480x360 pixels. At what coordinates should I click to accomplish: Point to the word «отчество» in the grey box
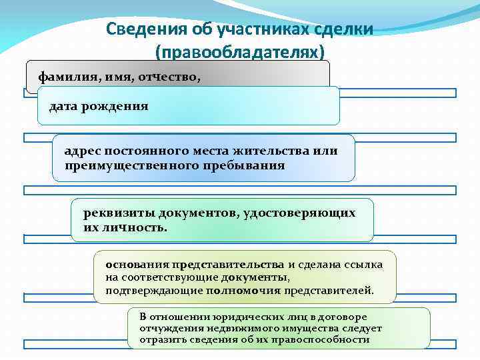tap(170, 76)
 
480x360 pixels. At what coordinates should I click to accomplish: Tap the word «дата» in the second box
tap(65, 106)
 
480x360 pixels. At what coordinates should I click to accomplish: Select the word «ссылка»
tap(365, 265)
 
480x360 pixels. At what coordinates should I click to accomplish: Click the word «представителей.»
tap(329, 291)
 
